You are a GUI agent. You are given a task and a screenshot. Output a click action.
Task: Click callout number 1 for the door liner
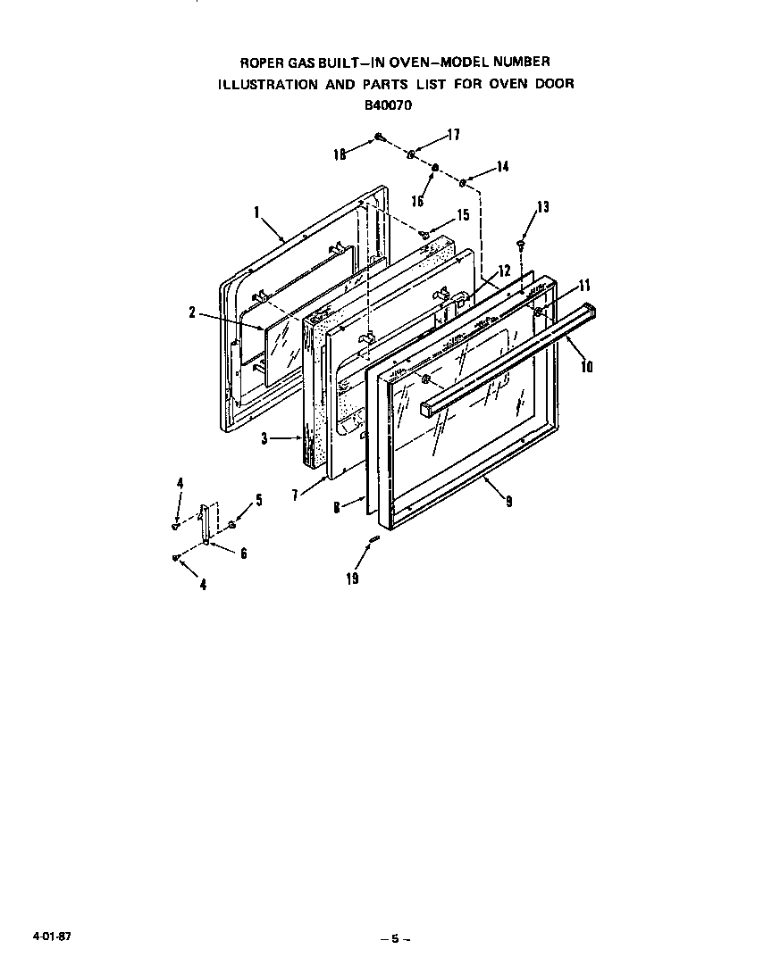tap(256, 213)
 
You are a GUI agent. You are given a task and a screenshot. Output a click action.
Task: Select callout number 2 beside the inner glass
tap(193, 312)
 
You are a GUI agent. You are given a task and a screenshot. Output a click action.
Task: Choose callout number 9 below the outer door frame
tap(508, 502)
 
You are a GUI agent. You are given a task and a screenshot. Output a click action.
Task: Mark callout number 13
tap(543, 208)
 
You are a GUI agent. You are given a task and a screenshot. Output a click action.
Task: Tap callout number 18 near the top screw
tap(340, 154)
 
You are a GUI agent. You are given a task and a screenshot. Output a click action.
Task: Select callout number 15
tap(462, 215)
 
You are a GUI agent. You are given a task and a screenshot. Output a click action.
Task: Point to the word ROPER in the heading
tap(264, 62)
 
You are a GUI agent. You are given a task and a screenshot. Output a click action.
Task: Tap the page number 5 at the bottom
tap(393, 938)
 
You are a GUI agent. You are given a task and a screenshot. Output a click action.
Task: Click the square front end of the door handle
tap(429, 409)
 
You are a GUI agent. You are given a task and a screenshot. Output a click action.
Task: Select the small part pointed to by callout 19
tap(377, 537)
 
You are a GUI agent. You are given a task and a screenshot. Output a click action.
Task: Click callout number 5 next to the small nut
tap(259, 501)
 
